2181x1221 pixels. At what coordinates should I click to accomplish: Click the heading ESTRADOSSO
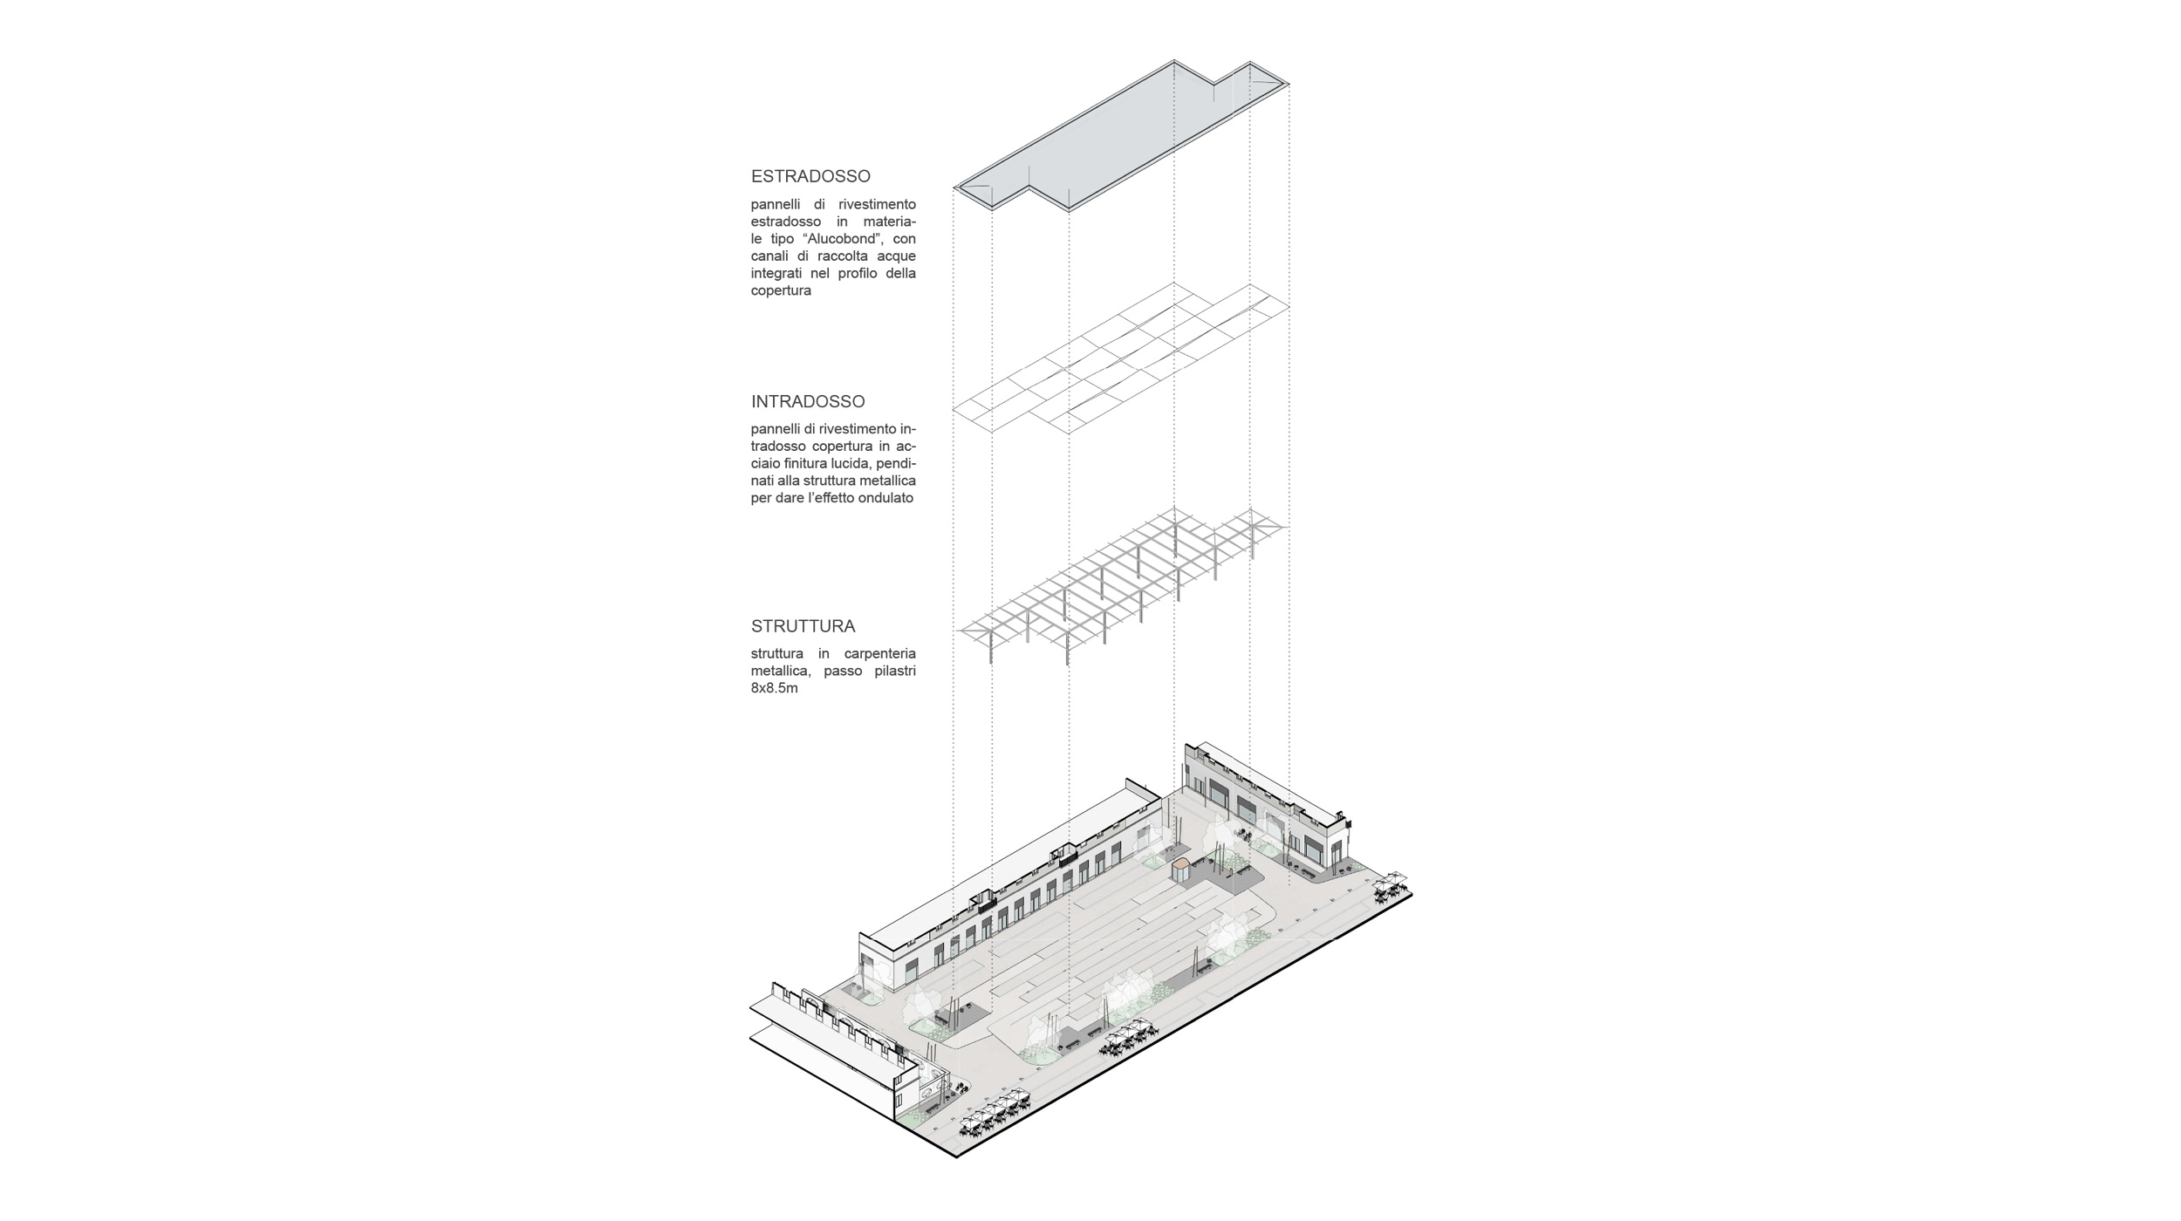click(x=810, y=176)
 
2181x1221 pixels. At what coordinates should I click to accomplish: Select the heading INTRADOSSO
click(x=808, y=402)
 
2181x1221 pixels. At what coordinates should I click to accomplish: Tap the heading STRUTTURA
click(x=803, y=626)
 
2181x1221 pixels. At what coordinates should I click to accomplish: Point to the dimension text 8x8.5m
click(x=775, y=688)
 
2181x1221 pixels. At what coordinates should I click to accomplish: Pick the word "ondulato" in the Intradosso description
click(x=884, y=498)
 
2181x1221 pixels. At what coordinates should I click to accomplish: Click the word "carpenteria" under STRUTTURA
click(x=880, y=654)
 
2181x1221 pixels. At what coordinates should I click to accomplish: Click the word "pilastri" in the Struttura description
click(x=893, y=672)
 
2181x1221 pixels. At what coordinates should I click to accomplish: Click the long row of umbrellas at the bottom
click(x=995, y=1116)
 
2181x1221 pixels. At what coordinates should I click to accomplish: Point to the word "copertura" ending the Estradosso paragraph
click(x=781, y=290)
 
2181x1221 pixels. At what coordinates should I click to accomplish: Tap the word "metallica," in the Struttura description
click(x=783, y=672)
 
